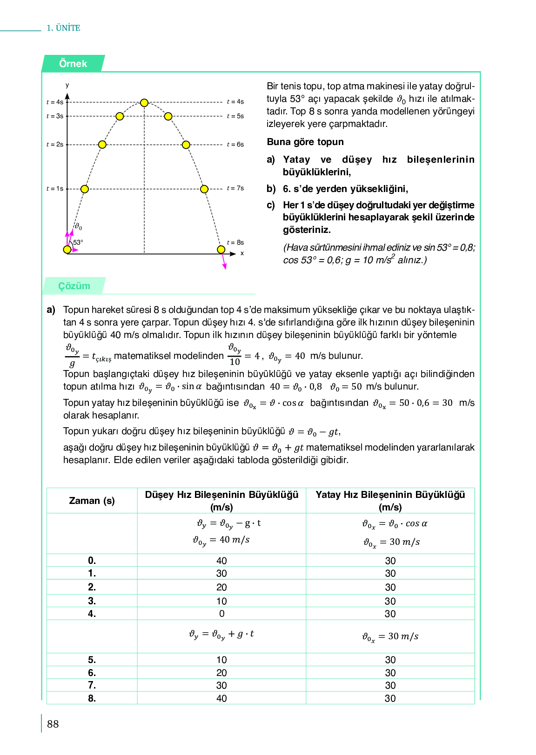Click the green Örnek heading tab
click(x=73, y=64)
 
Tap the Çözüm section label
click(x=74, y=286)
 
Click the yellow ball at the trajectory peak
click(x=144, y=103)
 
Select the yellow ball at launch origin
click(x=67, y=250)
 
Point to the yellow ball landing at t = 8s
click(x=221, y=250)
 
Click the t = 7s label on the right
click(x=235, y=188)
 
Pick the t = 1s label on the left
click(x=54, y=189)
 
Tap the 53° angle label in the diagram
click(x=78, y=242)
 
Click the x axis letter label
click(x=242, y=253)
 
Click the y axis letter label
click(x=67, y=85)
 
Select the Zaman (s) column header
click(x=92, y=501)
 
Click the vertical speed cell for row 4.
click(x=221, y=614)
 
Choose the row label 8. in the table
click(x=92, y=698)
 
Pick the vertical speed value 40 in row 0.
click(x=221, y=561)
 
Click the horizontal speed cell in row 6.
click(x=390, y=673)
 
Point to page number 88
click(x=53, y=724)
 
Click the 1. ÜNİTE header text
click(x=63, y=28)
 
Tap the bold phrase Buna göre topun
click(x=305, y=142)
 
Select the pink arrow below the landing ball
click(x=223, y=262)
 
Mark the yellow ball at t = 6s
click(x=186, y=145)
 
